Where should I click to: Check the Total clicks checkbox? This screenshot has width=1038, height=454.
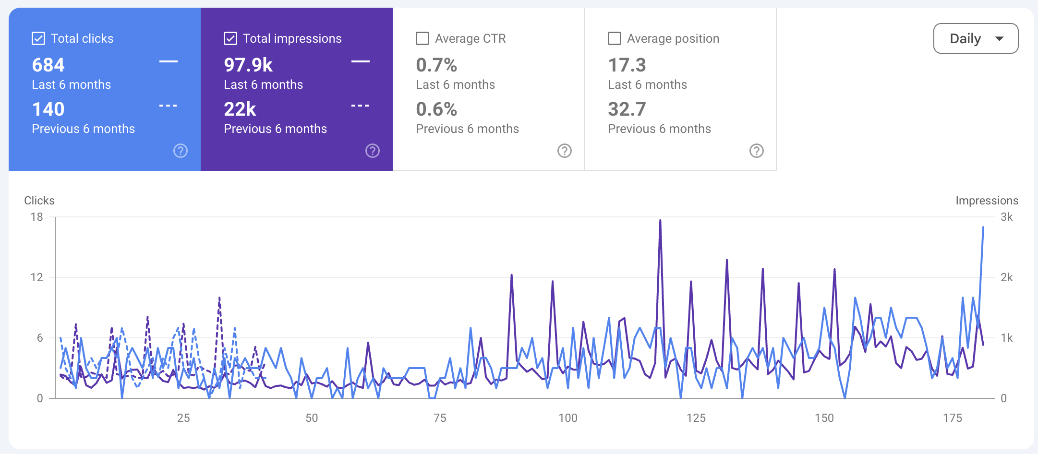click(38, 38)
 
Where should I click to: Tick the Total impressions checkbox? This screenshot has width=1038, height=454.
click(230, 38)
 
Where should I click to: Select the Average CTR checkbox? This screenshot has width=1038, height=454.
click(422, 38)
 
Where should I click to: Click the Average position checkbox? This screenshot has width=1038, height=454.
click(615, 38)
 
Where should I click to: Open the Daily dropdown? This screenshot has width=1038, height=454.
click(976, 38)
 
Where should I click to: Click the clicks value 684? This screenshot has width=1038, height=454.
click(48, 65)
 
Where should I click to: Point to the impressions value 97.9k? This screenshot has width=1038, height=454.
click(248, 65)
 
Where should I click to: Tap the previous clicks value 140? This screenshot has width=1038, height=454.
click(48, 109)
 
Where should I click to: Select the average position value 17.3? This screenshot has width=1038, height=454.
click(627, 65)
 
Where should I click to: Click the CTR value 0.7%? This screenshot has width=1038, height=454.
click(436, 65)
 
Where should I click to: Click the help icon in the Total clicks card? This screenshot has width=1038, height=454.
click(181, 151)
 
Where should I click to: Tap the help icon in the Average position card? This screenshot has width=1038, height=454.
click(757, 151)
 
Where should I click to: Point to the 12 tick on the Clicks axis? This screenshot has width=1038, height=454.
click(36, 277)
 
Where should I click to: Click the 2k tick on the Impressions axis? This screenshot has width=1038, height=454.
click(1007, 277)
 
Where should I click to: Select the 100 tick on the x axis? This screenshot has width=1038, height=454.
click(568, 418)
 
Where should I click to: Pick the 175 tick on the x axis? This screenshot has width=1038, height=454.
click(953, 418)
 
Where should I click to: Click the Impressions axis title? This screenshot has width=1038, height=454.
click(987, 201)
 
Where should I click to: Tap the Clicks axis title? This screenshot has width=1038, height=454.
click(39, 201)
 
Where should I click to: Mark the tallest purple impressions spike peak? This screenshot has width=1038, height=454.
click(660, 220)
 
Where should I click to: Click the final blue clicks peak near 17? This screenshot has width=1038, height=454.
click(983, 227)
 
